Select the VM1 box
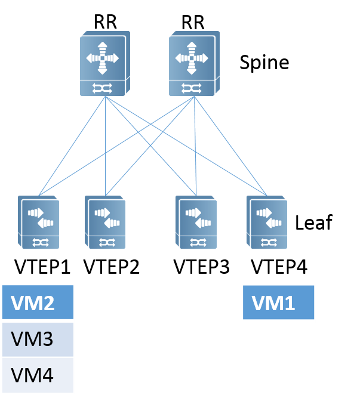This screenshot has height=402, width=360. coord(278,304)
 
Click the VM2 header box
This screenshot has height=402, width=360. coord(38,302)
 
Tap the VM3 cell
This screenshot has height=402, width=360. coord(38,340)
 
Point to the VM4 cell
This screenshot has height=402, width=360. coord(38,376)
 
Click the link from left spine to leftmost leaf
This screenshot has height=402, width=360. coord(72,146)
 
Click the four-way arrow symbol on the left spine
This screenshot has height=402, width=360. coord(102,58)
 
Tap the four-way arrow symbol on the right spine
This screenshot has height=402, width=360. coord(191,58)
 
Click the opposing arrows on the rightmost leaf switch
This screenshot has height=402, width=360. coord(269,218)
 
